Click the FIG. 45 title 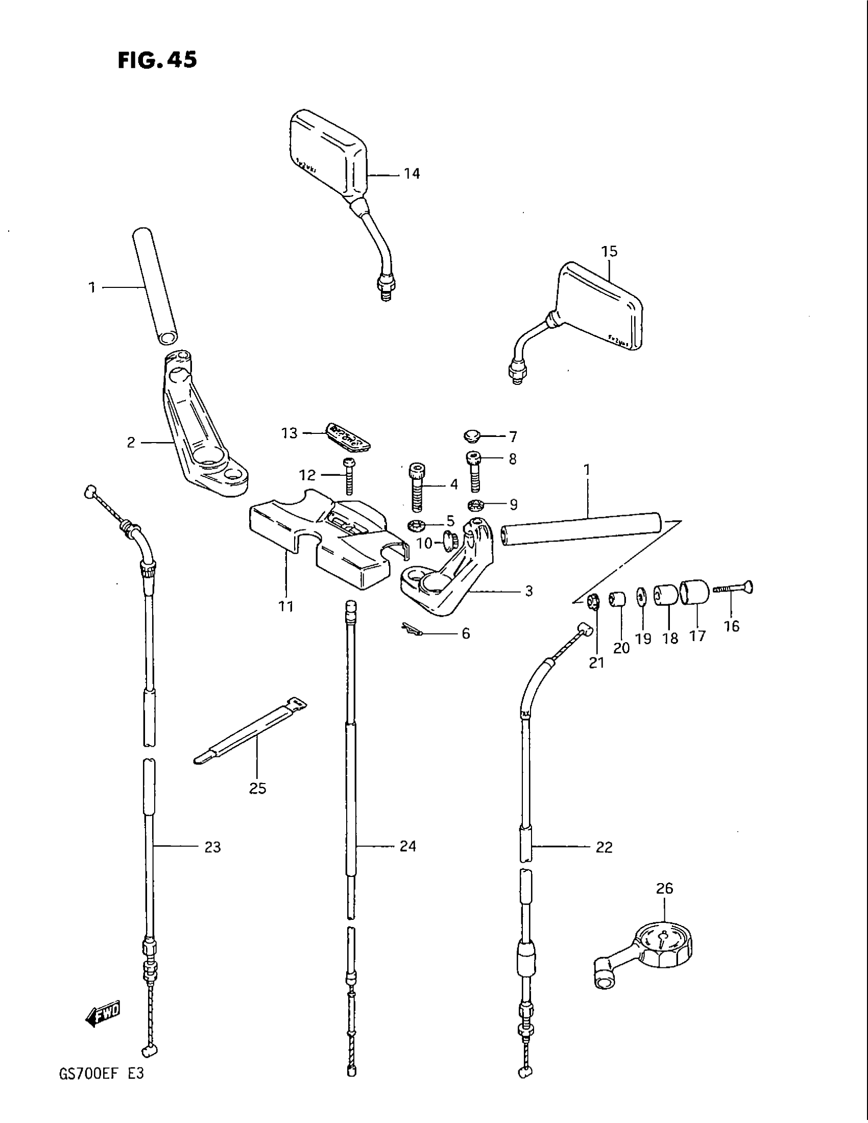(157, 61)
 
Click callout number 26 (665, 888)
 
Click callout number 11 (286, 606)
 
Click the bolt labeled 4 (418, 486)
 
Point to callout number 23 (212, 847)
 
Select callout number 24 (407, 846)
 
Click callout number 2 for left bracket (131, 442)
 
